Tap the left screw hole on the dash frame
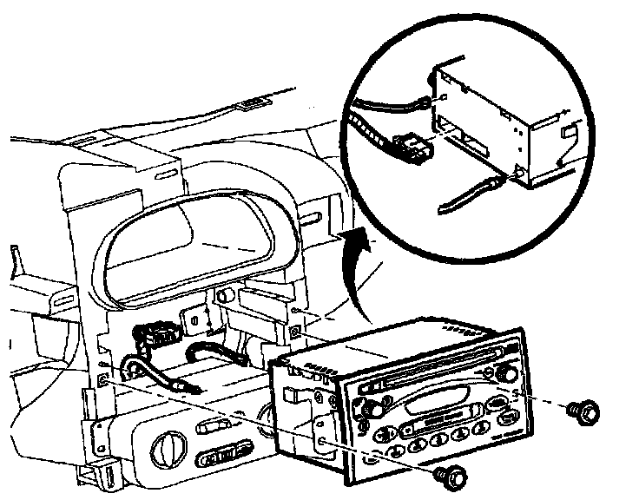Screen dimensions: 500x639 [x=105, y=379]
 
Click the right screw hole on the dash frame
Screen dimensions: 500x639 [x=296, y=331]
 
